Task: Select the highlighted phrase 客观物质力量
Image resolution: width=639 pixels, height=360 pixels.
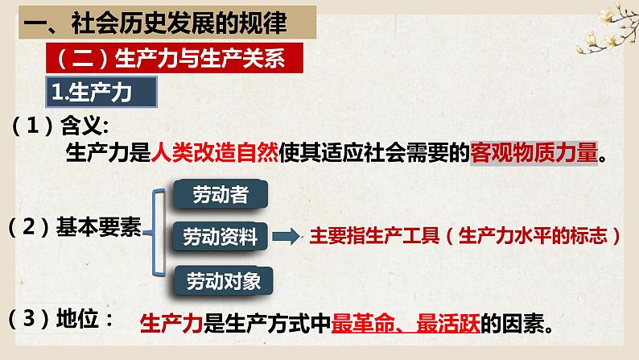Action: (x=534, y=153)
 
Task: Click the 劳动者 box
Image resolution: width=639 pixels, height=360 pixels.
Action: (x=221, y=194)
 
